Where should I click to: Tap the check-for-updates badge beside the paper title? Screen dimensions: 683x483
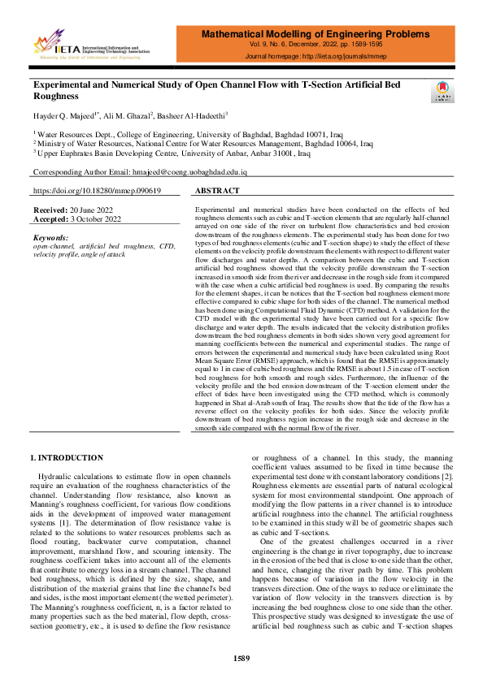click(442, 92)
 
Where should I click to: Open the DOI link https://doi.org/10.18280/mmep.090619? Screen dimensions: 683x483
click(96, 191)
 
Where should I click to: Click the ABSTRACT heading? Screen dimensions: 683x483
click(218, 191)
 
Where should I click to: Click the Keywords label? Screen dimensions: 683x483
click(51, 236)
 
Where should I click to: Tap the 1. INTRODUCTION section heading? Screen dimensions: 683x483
click(67, 458)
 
